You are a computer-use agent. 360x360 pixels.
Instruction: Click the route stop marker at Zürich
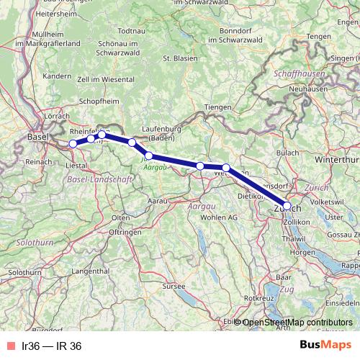(287, 206)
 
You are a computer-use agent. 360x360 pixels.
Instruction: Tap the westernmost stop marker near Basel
(73, 144)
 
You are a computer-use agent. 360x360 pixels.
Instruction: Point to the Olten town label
(120, 217)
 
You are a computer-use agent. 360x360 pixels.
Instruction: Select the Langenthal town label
(90, 270)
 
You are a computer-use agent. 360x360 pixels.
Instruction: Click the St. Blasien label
(179, 58)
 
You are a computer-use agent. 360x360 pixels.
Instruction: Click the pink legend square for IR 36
(10, 346)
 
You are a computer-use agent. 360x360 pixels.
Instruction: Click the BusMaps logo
(325, 346)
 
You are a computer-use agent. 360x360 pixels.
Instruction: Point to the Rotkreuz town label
(258, 297)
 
